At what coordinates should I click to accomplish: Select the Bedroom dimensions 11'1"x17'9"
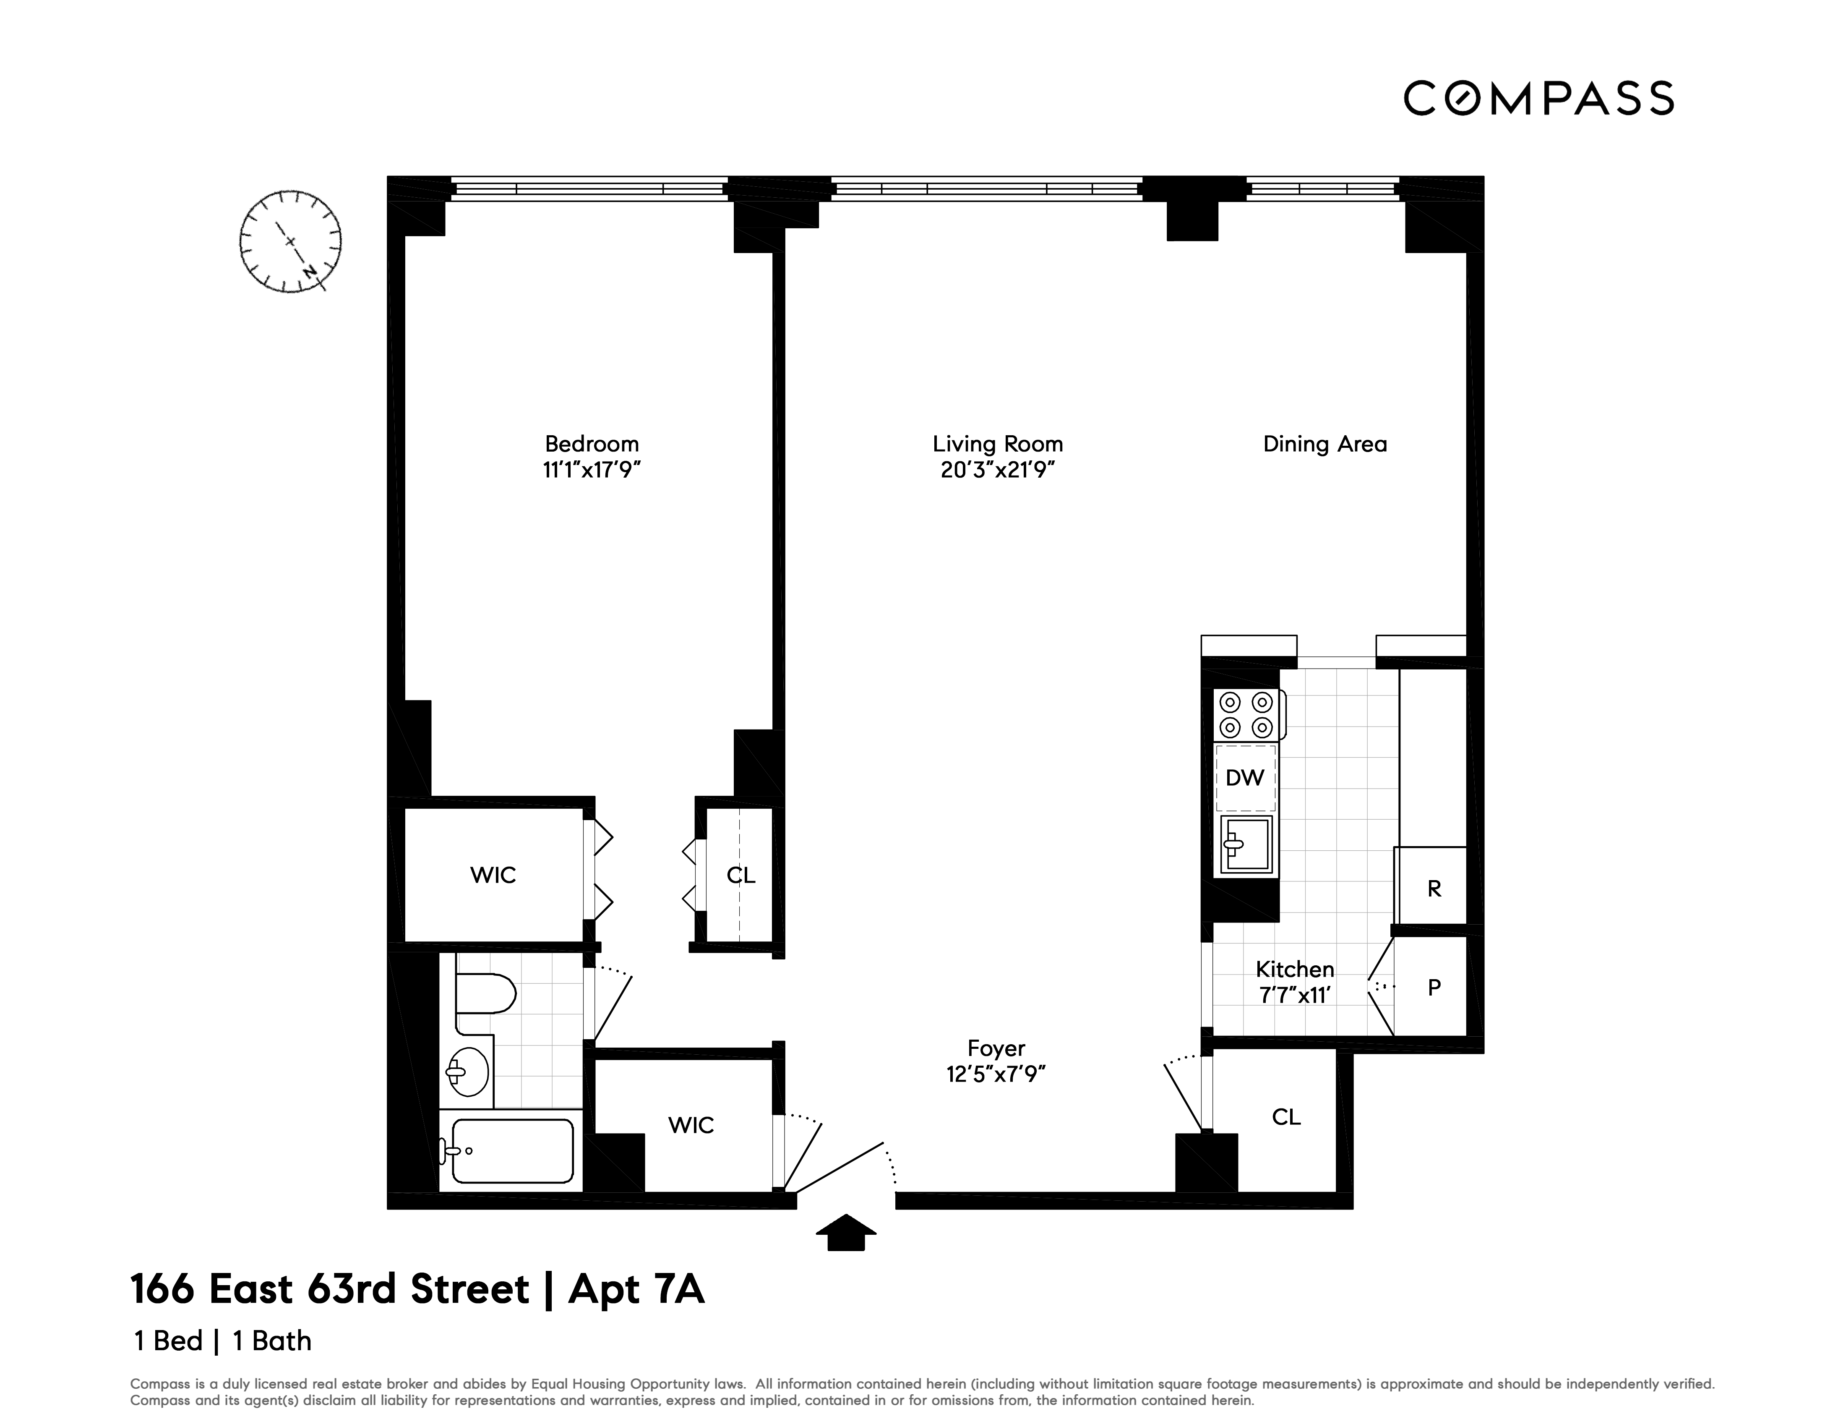point(592,470)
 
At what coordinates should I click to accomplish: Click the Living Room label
point(997,444)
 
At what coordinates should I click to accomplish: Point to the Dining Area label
point(1325,444)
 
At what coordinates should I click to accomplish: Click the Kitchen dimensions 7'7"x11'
point(1295,996)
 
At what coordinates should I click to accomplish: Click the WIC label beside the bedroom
point(493,875)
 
